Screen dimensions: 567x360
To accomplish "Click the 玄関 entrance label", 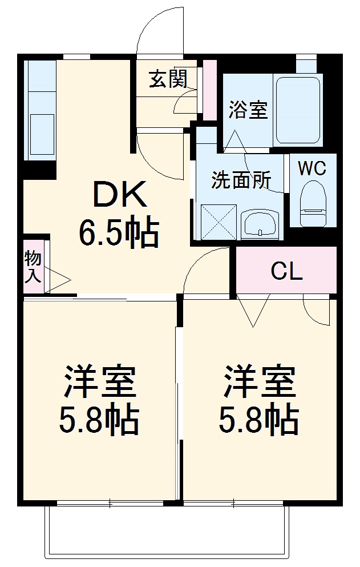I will (x=168, y=79).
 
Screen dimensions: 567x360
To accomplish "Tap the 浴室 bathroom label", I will (x=248, y=109).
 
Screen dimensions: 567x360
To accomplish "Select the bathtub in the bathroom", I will (x=298, y=110).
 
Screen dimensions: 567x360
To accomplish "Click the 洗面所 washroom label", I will (x=241, y=180).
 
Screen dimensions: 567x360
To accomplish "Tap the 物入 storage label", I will (x=33, y=267).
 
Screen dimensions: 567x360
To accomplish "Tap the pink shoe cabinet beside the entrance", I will (x=210, y=90).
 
